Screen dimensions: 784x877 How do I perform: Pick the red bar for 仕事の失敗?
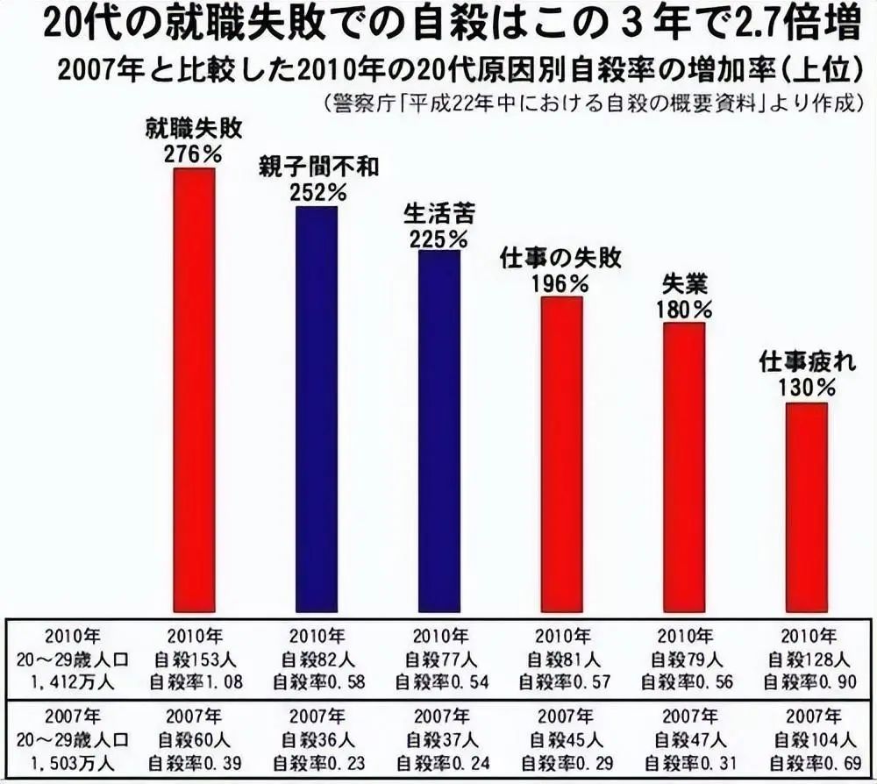[x=561, y=453]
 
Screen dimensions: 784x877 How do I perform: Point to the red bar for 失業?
[x=684, y=467]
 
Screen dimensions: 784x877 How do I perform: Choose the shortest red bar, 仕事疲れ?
[x=806, y=506]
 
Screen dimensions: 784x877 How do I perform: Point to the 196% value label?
[x=561, y=283]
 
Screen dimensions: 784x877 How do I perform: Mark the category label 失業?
[x=685, y=285]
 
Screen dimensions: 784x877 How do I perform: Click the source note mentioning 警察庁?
[x=588, y=103]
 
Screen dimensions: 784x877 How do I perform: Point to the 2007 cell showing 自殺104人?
[x=807, y=740]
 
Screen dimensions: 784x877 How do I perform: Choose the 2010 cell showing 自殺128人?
[x=807, y=657]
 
